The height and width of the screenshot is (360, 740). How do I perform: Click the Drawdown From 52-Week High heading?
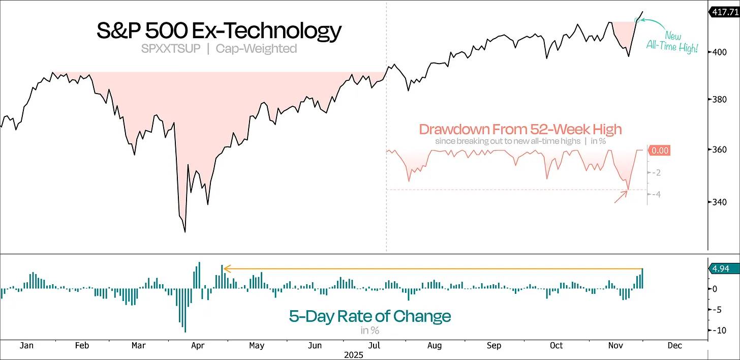pyautogui.click(x=520, y=129)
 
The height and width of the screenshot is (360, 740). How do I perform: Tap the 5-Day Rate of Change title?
pyautogui.click(x=370, y=316)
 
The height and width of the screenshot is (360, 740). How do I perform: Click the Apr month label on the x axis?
pyautogui.click(x=197, y=346)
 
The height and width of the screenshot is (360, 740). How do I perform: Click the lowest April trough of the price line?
pyautogui.click(x=185, y=232)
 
